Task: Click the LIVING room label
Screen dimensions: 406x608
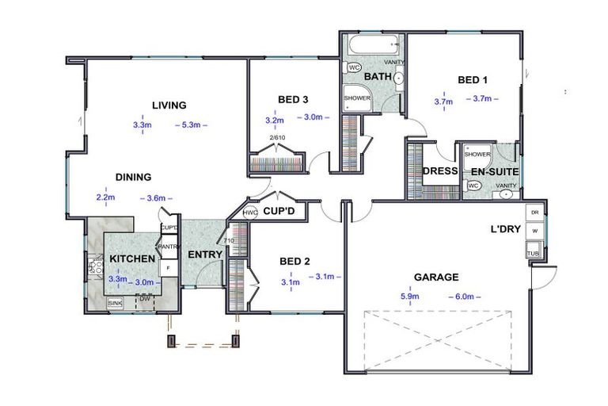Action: click(169, 105)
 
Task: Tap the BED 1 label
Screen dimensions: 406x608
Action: click(473, 79)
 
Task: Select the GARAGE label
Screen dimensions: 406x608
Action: click(436, 278)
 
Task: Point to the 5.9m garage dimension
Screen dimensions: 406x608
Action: click(410, 297)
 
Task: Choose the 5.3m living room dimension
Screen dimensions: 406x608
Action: click(194, 124)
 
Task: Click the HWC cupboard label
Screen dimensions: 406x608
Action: click(250, 213)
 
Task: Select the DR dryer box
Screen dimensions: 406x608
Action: click(534, 213)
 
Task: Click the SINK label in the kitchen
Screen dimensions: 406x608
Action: click(116, 303)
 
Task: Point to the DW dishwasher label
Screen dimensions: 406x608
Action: click(144, 298)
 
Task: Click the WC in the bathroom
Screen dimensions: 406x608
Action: click(355, 68)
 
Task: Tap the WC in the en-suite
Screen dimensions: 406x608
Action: click(473, 186)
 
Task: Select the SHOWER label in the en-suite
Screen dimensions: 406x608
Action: click(477, 154)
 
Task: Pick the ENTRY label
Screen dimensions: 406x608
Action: click(203, 255)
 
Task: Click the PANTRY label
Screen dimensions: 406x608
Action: click(169, 247)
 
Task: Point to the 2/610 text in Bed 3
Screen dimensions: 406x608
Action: click(277, 138)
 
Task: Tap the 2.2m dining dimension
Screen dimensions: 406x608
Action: click(106, 197)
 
